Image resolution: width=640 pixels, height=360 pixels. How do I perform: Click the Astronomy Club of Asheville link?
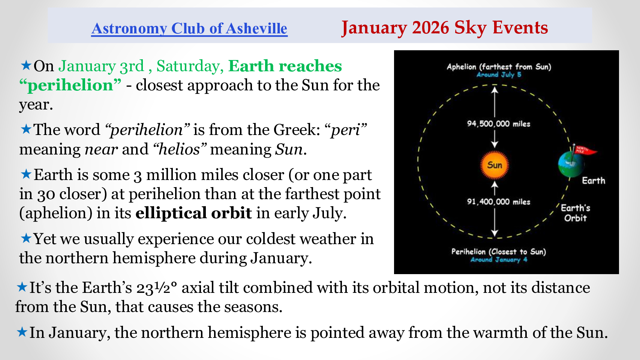tap(189, 28)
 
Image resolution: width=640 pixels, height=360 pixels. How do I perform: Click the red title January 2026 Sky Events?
tap(445, 28)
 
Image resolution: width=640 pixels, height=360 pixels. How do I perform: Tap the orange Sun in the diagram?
tap(495, 165)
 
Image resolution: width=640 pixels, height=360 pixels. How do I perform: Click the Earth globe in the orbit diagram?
tap(571, 164)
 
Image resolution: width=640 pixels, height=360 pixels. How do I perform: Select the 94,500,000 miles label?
tap(499, 124)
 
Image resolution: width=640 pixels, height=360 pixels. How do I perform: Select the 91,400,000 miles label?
tap(499, 202)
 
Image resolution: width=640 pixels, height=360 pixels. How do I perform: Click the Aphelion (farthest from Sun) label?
tap(499, 67)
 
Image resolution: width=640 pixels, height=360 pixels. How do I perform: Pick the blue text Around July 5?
tap(499, 75)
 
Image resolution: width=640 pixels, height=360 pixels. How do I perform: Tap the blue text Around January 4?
tap(499, 260)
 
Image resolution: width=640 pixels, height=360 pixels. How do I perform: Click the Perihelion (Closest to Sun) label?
tap(499, 252)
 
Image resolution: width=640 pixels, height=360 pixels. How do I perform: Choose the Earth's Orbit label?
tap(576, 213)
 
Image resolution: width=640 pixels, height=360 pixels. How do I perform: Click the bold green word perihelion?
tap(70, 85)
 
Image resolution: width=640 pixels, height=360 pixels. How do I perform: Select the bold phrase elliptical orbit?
tap(193, 213)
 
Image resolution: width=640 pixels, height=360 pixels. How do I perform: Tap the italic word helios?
tap(179, 149)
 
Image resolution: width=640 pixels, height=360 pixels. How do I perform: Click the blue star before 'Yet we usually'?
tap(26, 238)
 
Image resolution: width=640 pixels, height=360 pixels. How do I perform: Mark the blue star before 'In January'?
tap(22, 332)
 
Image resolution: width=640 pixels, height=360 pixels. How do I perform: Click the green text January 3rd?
tap(101, 66)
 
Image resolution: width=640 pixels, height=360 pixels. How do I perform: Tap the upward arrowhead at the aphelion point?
tap(495, 89)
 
